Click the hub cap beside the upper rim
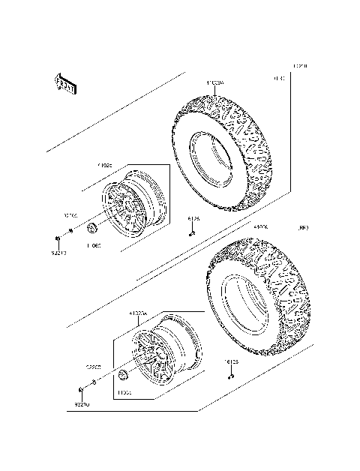click(x=92, y=228)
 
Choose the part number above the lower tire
click(x=260, y=226)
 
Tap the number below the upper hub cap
click(x=94, y=244)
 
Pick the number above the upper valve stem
click(x=193, y=219)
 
